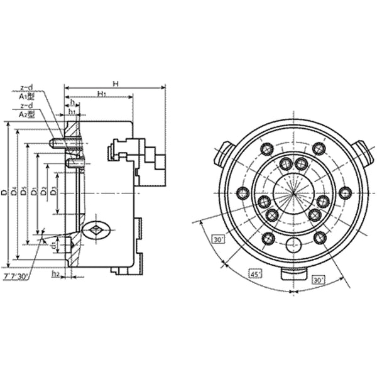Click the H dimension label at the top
coord(116,83)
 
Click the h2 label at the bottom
coord(55,274)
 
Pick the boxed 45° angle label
coord(256,275)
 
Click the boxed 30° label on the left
coord(218,240)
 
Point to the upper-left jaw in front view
coord(225,153)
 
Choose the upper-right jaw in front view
coord(361,153)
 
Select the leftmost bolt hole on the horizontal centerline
coord(242,193)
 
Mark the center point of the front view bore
coord(293,193)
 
